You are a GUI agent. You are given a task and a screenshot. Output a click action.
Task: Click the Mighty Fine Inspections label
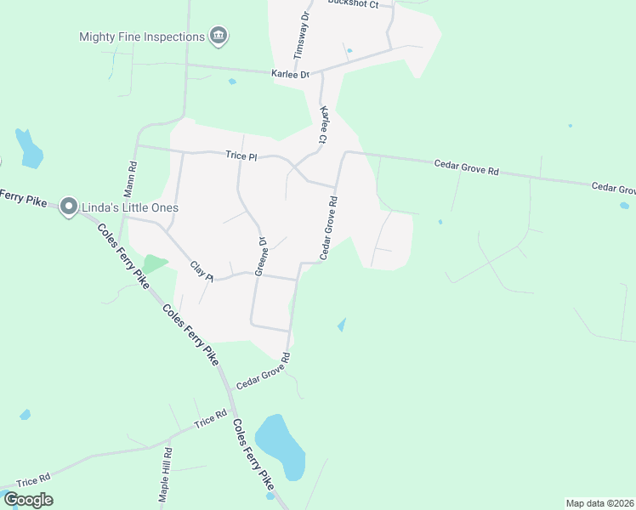(x=142, y=37)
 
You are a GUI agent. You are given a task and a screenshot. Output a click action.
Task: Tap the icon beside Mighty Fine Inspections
(x=219, y=36)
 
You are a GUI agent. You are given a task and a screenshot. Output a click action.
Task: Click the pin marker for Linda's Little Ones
(x=69, y=207)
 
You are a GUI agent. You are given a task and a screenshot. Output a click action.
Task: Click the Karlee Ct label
(x=323, y=124)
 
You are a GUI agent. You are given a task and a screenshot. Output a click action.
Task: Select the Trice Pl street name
(x=241, y=156)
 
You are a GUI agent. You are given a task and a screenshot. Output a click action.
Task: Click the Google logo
(x=28, y=500)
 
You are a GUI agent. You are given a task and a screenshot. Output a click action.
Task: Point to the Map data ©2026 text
(x=599, y=503)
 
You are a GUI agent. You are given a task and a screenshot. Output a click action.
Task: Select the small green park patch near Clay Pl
(x=155, y=263)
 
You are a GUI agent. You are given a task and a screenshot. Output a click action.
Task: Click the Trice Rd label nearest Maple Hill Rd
(x=210, y=419)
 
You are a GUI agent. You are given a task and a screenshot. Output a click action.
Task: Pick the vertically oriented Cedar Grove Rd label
(x=330, y=228)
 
